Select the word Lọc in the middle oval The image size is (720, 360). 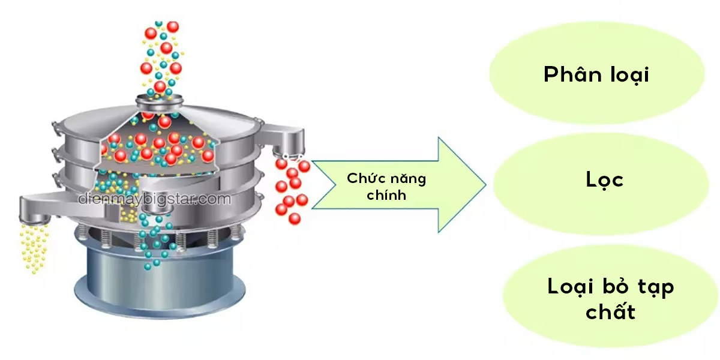point(604,179)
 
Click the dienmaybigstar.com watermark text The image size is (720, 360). point(154,199)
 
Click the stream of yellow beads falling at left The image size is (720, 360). point(34,246)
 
